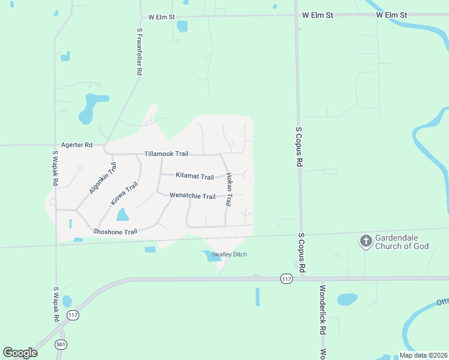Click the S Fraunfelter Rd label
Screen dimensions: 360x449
[139, 51]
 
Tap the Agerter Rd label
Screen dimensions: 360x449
[77, 145]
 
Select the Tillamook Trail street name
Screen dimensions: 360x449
[166, 154]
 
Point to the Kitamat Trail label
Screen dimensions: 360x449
[194, 176]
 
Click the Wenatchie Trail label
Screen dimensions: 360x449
[192, 196]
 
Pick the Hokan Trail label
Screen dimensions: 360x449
[229, 190]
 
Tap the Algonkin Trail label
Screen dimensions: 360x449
[102, 179]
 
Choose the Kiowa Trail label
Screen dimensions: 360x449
[124, 194]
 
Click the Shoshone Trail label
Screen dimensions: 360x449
[115, 232]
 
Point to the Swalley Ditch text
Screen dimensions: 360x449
[229, 254]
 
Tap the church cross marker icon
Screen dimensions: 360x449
[365, 242]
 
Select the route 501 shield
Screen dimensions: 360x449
[61, 345]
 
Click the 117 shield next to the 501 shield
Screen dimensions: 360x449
[73, 314]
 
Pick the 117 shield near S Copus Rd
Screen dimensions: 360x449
[286, 279]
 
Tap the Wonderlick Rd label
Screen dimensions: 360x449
[322, 310]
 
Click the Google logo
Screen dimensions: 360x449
[20, 353]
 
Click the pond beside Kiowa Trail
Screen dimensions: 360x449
[122, 214]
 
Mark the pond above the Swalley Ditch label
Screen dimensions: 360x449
[212, 255]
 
